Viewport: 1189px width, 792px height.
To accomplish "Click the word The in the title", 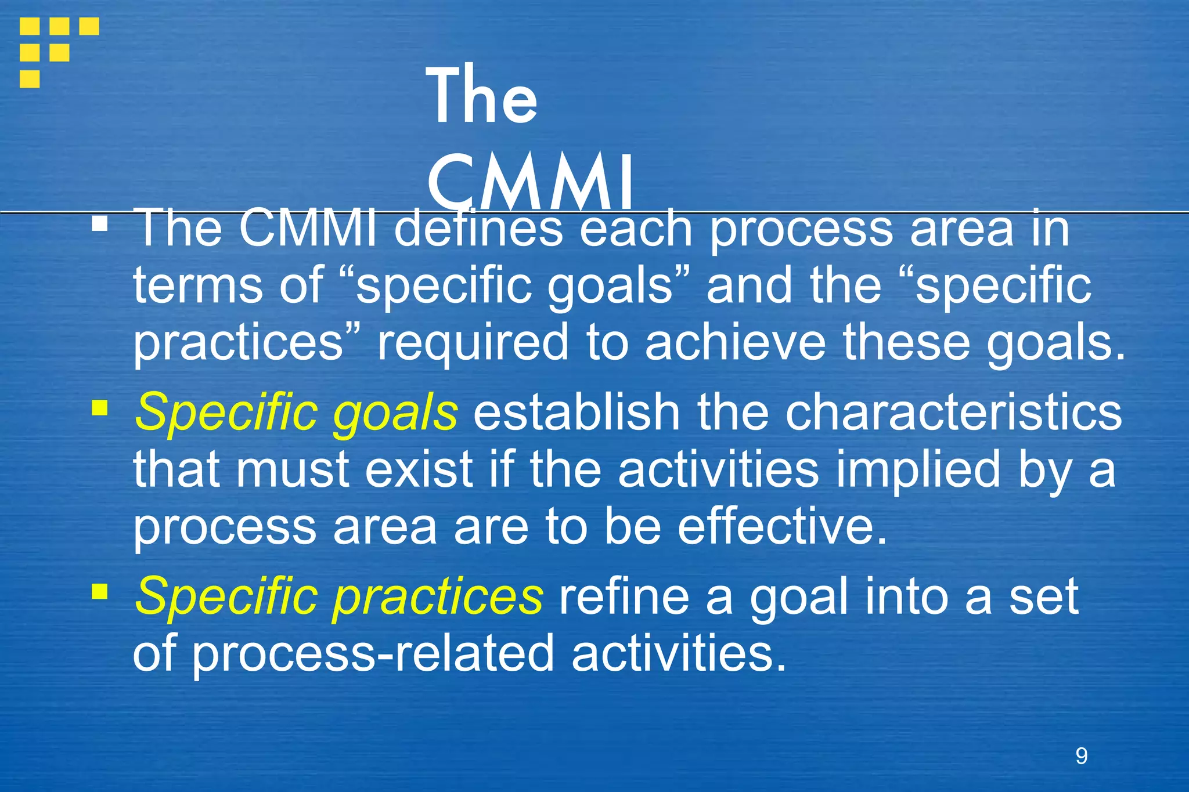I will (481, 96).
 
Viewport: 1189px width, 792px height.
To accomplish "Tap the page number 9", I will (1081, 755).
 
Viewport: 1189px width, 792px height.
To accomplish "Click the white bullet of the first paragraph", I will (100, 224).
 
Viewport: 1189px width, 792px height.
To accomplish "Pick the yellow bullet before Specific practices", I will (100, 592).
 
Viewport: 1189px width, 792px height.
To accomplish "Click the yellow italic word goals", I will (395, 413).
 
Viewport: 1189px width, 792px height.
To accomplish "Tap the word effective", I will (782, 527).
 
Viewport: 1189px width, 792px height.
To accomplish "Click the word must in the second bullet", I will (292, 470).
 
